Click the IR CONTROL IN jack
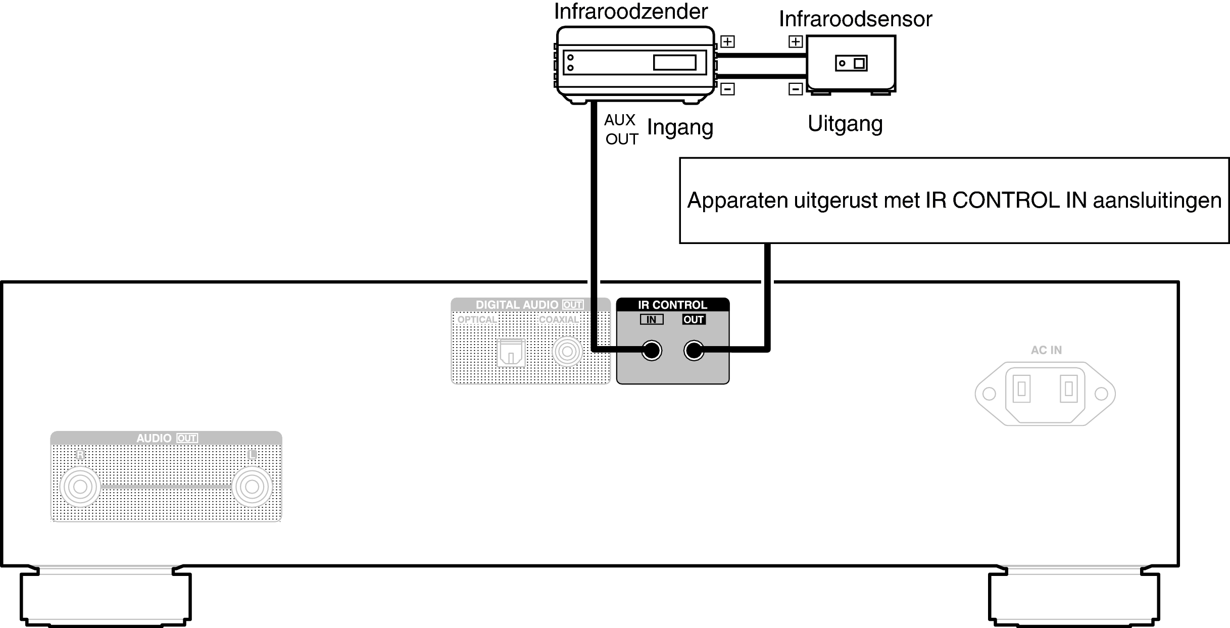coord(652,351)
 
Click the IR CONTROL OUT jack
coord(694,351)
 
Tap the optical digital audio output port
coord(511,352)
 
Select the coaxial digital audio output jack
coord(567,351)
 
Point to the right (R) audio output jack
coord(80,487)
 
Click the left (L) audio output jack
coord(252,487)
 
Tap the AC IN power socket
coord(1045,394)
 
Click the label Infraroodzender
coord(631,11)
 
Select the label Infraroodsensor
coord(855,19)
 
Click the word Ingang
coord(680,128)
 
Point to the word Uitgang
coord(845,124)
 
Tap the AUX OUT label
coord(621,129)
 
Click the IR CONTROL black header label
coord(672,305)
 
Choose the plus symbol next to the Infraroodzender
coord(727,41)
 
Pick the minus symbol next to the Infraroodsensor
coord(796,89)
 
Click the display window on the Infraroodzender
coord(674,62)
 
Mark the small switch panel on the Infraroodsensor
coord(851,63)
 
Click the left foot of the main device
coord(106,596)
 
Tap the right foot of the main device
coord(1073,596)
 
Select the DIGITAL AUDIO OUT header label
coord(529,305)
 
